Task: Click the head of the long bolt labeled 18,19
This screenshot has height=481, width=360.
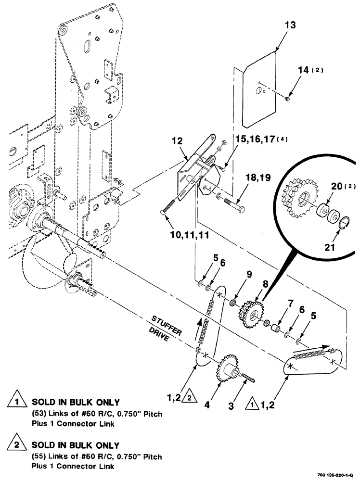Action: pos(241,210)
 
